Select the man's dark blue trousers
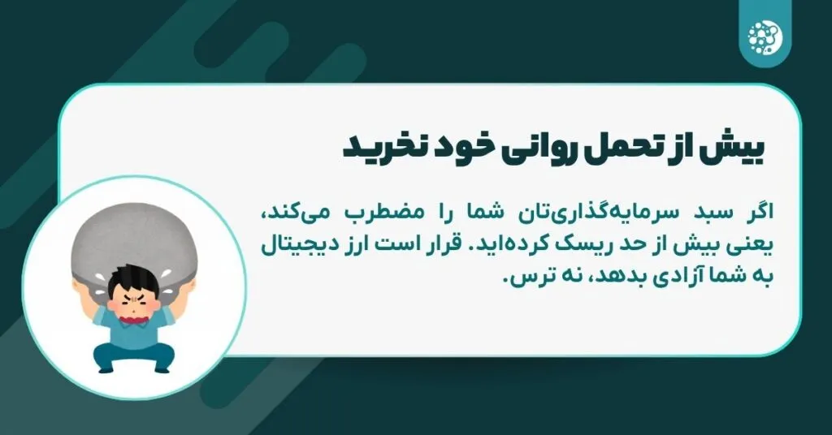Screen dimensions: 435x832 click(134, 357)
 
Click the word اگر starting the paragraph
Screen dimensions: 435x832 click(752, 213)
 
